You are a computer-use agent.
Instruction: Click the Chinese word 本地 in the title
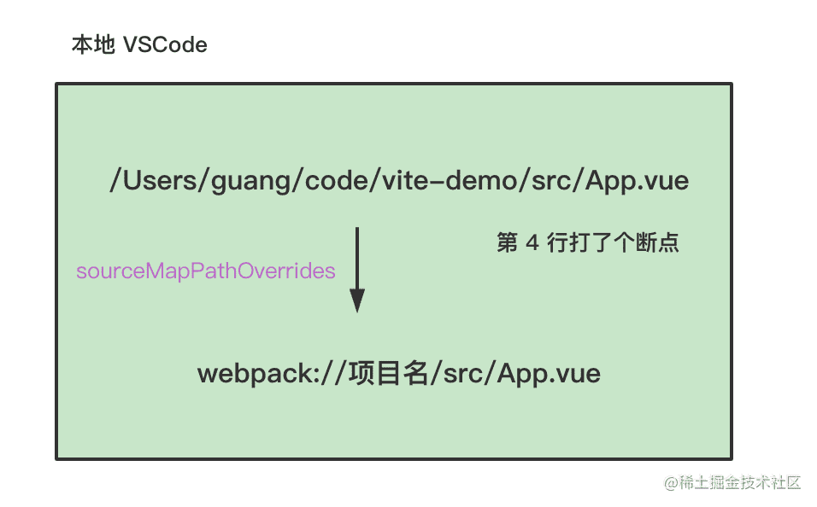click(93, 44)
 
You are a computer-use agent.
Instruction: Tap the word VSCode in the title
click(165, 45)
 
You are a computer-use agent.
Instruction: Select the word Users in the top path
click(161, 181)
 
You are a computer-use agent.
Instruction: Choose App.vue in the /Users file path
click(637, 182)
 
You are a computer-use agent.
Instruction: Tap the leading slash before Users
click(115, 181)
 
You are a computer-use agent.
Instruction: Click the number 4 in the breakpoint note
click(532, 243)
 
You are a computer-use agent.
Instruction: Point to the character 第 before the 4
click(508, 242)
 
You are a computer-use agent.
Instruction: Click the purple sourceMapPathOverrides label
click(206, 271)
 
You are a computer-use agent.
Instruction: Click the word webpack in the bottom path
click(256, 374)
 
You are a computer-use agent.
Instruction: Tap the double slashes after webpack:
click(333, 374)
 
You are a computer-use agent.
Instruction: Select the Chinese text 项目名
click(388, 373)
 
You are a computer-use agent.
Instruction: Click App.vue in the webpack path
click(548, 374)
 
